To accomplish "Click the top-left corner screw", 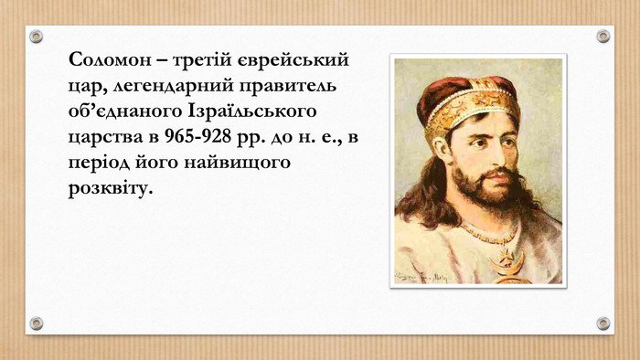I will (x=37, y=36).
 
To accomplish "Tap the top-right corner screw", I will (x=603, y=36).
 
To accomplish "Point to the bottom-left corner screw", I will (x=37, y=323).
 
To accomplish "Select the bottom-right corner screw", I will (x=603, y=323).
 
